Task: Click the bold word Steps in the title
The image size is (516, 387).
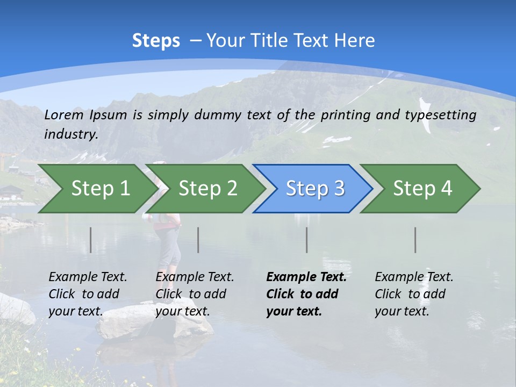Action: point(156,40)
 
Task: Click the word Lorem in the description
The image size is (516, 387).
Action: point(64,114)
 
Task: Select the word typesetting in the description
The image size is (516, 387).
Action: point(443,114)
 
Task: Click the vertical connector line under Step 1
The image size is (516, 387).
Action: point(90,240)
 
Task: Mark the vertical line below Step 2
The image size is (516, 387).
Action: point(198,240)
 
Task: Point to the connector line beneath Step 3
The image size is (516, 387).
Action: point(306,240)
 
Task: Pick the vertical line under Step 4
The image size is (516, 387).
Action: point(415,240)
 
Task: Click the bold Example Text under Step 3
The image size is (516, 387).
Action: point(306,277)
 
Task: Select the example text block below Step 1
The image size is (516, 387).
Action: point(88,294)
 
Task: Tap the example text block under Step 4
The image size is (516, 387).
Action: point(414,294)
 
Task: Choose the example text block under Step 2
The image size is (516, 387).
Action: point(195,294)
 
